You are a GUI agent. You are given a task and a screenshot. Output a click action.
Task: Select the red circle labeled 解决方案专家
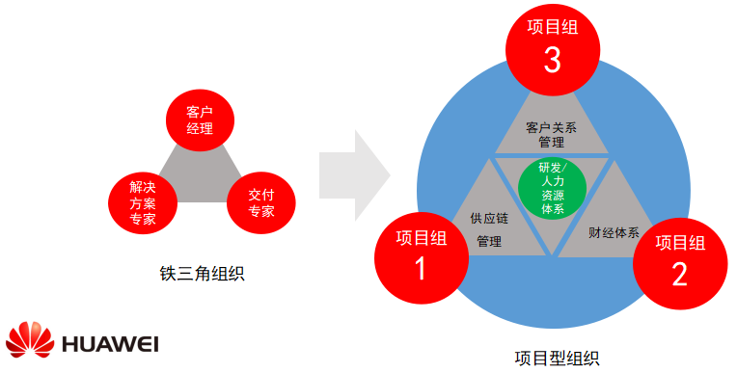[143, 200]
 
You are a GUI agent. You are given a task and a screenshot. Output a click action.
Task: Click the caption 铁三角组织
[201, 274]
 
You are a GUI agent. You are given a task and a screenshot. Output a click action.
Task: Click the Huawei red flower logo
[31, 338]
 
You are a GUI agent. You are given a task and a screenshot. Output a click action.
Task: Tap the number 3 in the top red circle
[553, 60]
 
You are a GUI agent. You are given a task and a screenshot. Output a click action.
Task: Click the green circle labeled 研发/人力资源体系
[553, 186]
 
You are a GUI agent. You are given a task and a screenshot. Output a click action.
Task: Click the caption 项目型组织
[557, 359]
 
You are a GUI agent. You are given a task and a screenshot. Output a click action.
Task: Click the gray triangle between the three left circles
[200, 173]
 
